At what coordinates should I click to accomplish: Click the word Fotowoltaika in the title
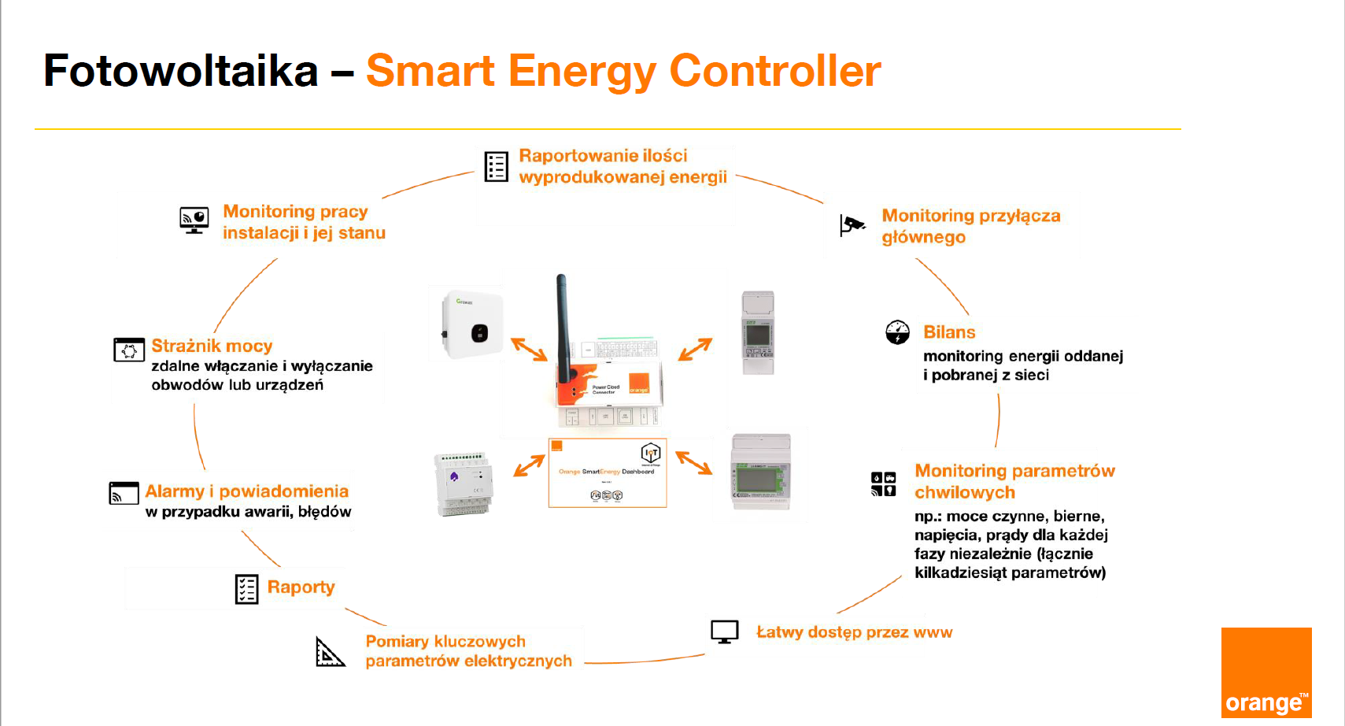(x=181, y=71)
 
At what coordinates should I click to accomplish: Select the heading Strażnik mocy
(x=212, y=346)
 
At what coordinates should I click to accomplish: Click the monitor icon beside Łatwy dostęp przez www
(x=724, y=632)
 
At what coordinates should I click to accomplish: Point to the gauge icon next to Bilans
(x=897, y=332)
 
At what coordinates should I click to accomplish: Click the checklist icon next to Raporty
(x=246, y=589)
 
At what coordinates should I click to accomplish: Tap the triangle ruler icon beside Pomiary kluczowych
(x=330, y=652)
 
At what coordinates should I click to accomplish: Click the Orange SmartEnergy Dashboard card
(x=607, y=472)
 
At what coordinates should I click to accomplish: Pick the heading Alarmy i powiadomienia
(x=246, y=491)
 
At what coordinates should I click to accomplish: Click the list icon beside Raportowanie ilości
(x=496, y=166)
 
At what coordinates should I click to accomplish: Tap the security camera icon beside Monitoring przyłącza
(x=852, y=225)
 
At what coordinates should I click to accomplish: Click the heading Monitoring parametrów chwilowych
(x=1014, y=481)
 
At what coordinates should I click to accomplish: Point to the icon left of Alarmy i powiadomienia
(x=124, y=493)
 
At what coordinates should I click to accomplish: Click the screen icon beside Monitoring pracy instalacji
(x=194, y=220)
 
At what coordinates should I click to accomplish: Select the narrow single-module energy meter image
(x=758, y=332)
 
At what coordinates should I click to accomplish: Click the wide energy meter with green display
(x=760, y=472)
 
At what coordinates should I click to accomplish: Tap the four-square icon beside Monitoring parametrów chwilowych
(x=883, y=483)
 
